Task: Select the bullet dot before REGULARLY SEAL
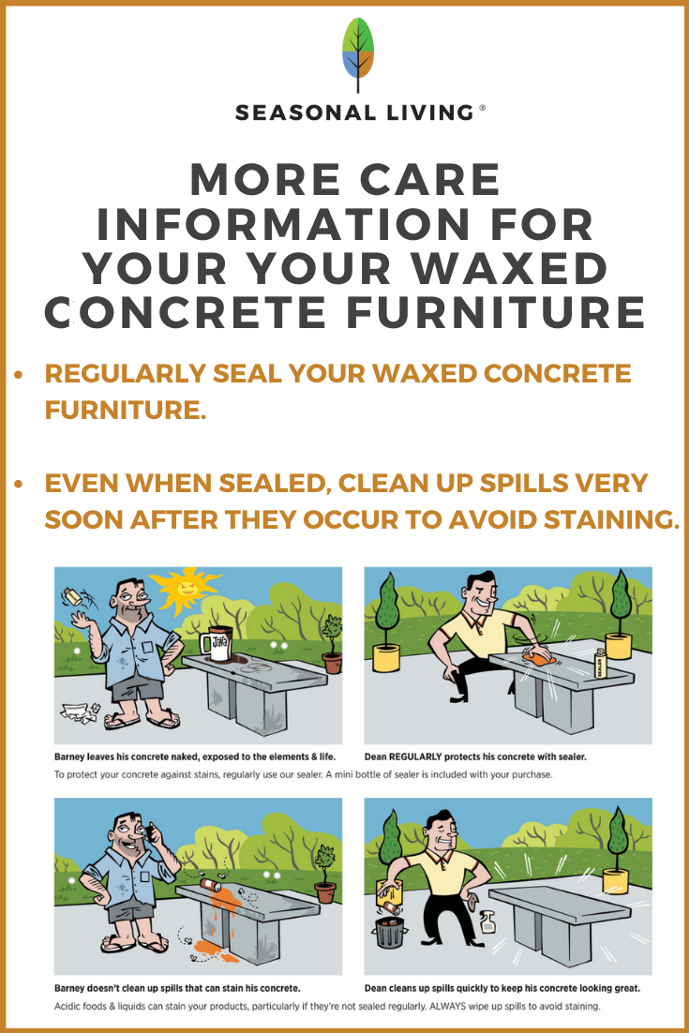[19, 374]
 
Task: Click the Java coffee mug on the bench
[215, 646]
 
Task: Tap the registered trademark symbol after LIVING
[483, 108]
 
